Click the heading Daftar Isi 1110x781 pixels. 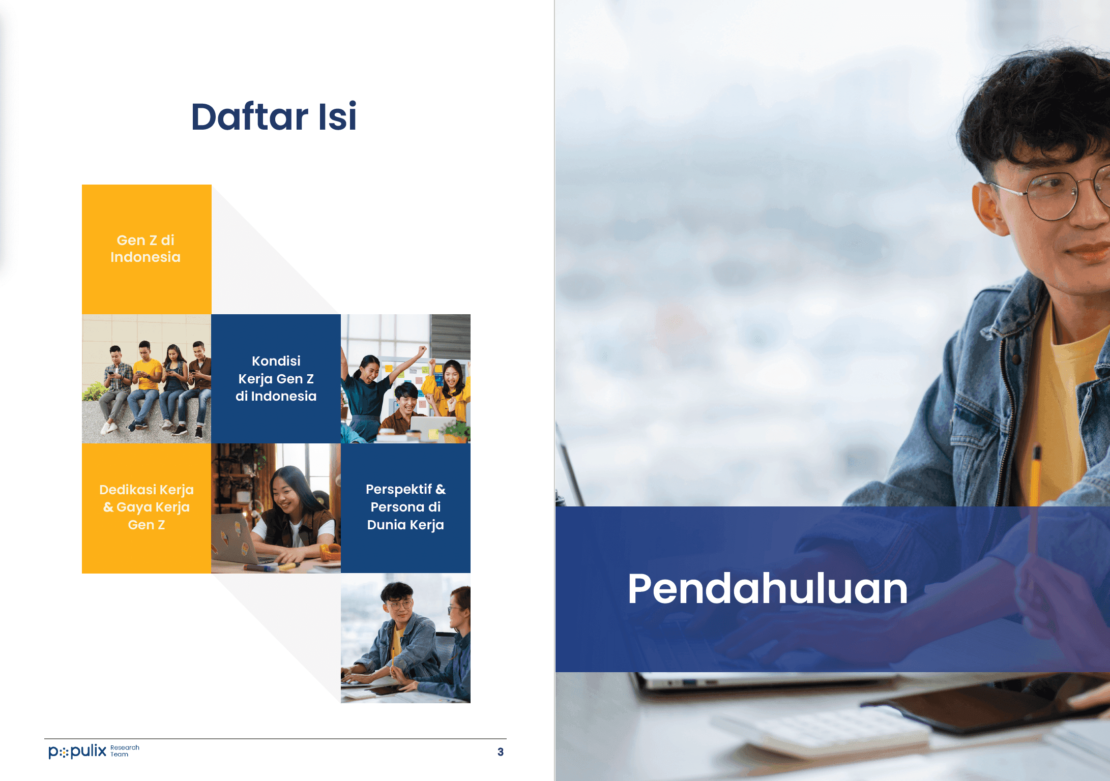274,116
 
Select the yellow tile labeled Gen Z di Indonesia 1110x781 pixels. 147,249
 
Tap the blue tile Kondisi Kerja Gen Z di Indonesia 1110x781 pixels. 276,379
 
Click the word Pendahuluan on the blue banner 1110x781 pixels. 767,589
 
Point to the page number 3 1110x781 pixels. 501,752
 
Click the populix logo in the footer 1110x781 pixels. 77,751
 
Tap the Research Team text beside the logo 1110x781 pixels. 125,751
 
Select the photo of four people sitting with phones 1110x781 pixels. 147,379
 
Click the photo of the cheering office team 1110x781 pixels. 405,379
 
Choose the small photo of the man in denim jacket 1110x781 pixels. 405,638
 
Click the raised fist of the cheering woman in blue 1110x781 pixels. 422,350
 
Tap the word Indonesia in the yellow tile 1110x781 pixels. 145,257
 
